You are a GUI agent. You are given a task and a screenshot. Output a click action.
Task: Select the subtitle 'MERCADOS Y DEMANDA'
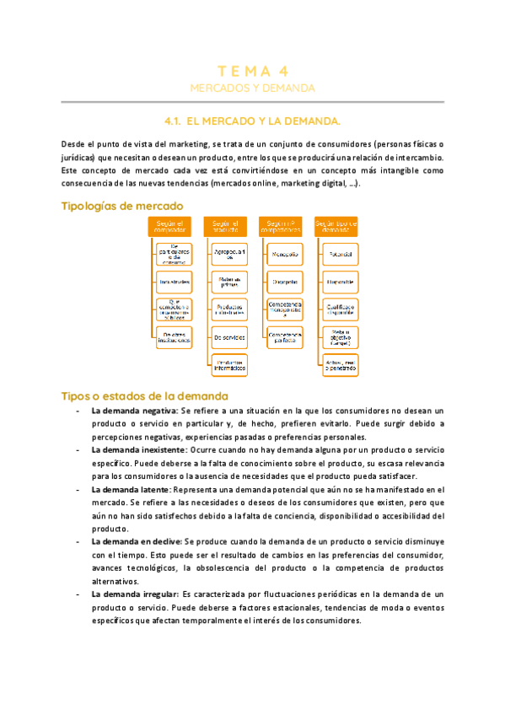pyautogui.click(x=252, y=88)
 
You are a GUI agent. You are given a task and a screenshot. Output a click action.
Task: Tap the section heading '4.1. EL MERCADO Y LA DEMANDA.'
pyautogui.click(x=252, y=121)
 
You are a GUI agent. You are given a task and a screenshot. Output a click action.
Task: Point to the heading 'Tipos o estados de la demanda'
pyautogui.click(x=144, y=395)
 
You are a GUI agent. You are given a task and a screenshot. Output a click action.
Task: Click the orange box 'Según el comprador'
pyautogui.click(x=172, y=226)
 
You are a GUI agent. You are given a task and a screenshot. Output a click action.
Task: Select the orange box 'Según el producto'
pyautogui.click(x=226, y=226)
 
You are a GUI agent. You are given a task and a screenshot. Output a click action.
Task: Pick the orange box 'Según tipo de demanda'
pyautogui.click(x=336, y=226)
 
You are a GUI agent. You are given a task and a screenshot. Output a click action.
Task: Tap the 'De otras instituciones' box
pyautogui.click(x=175, y=337)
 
